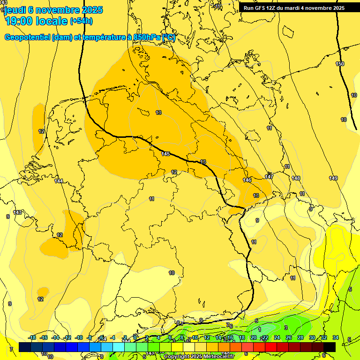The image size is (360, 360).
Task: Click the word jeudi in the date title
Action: [x=15, y=10]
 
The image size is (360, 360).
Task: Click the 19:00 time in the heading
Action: [x=21, y=21]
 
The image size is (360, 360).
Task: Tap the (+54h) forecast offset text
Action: [x=81, y=21]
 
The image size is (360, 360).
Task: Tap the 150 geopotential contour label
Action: [x=340, y=64]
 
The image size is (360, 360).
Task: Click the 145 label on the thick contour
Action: [x=165, y=154]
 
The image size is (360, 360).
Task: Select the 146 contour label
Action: [x=247, y=180]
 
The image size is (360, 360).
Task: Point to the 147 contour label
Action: [x=269, y=177]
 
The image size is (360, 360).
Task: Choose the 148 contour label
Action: [x=296, y=178]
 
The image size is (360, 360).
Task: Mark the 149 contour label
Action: [x=333, y=178]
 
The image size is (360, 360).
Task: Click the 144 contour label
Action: [x=59, y=180]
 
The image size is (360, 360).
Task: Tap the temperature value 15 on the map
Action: [x=202, y=162]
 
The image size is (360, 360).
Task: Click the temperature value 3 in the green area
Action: [x=285, y=328]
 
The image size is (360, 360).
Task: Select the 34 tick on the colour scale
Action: [x=335, y=337]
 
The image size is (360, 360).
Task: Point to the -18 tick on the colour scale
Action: [x=32, y=337]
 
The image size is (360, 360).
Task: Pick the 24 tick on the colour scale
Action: [x=277, y=337]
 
